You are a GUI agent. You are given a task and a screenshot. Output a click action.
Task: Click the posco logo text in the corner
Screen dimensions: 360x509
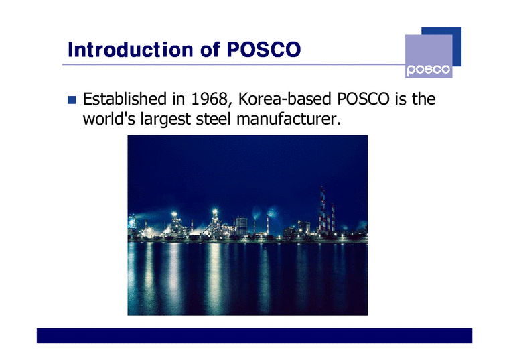(429, 70)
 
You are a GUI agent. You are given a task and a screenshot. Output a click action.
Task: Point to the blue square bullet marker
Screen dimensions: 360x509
(72, 101)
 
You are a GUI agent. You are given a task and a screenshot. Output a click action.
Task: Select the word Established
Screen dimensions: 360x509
(124, 100)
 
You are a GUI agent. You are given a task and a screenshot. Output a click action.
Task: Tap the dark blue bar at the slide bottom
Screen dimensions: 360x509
(254, 335)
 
